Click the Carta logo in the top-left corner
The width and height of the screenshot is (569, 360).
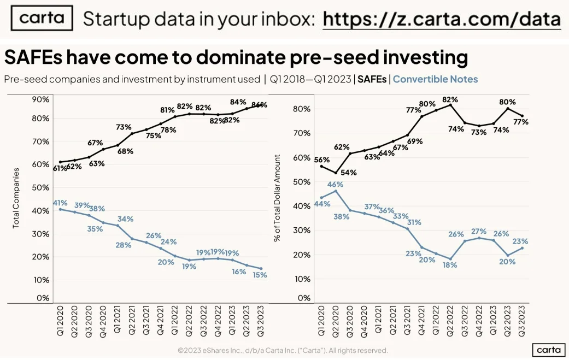coord(42,19)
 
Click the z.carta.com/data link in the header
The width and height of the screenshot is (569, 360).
coord(441,20)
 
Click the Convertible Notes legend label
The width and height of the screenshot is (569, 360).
coord(435,79)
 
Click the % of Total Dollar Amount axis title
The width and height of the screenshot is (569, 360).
coord(278,198)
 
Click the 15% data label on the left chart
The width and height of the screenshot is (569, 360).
coord(260,275)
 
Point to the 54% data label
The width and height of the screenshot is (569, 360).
coord(348,172)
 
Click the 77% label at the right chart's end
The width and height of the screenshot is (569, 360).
coord(520,122)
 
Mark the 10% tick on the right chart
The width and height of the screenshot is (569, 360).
coord(303,279)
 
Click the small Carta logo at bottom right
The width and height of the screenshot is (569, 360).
coord(548,349)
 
